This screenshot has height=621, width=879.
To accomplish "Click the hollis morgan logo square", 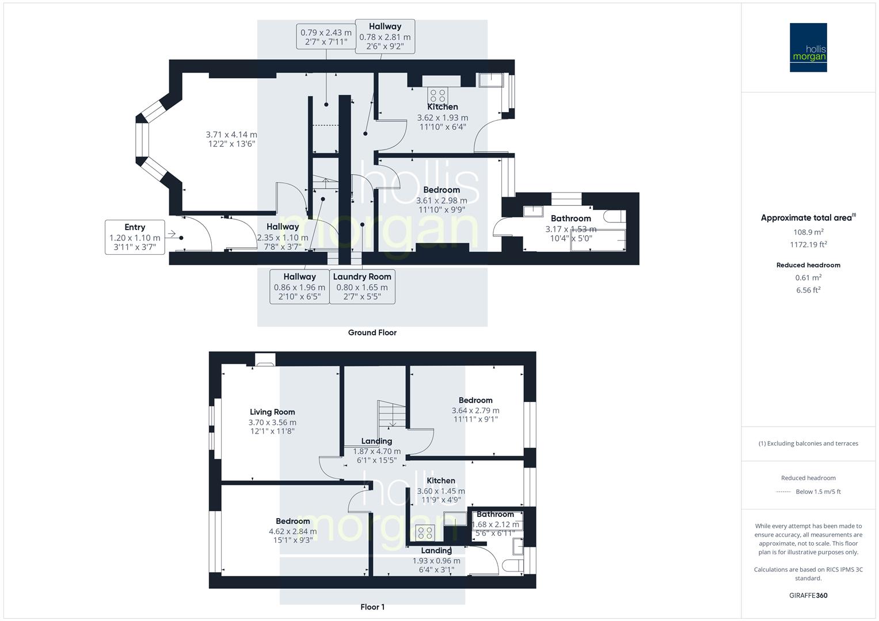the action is (x=808, y=47).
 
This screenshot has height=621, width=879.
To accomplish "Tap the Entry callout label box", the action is (x=135, y=237).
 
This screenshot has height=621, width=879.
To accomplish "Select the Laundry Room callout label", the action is (x=362, y=286).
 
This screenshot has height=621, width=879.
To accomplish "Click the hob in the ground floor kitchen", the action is (x=437, y=95).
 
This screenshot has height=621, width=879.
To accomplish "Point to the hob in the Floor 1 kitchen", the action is (x=425, y=533).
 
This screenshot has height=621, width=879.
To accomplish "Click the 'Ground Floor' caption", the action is (x=372, y=332).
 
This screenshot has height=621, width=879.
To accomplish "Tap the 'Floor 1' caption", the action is (x=372, y=607).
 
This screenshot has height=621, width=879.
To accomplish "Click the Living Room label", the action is (x=272, y=412).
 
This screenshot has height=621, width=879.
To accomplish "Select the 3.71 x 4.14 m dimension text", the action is (x=231, y=135).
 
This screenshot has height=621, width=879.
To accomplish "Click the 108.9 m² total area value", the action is (x=808, y=232).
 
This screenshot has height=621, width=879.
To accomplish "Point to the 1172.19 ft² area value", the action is (x=808, y=244).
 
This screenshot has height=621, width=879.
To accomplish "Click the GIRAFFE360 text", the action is (x=808, y=596).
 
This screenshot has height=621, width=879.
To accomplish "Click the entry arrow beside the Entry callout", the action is (x=172, y=234).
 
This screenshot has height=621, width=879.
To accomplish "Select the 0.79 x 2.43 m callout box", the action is (x=326, y=37).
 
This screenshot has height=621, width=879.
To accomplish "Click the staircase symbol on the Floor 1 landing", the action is (x=391, y=413).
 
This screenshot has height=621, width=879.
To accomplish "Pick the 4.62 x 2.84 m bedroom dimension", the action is (x=293, y=531).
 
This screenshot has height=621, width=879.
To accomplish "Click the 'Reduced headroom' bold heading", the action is (x=808, y=265).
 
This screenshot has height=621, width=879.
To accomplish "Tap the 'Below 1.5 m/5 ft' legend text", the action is (x=818, y=492).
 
